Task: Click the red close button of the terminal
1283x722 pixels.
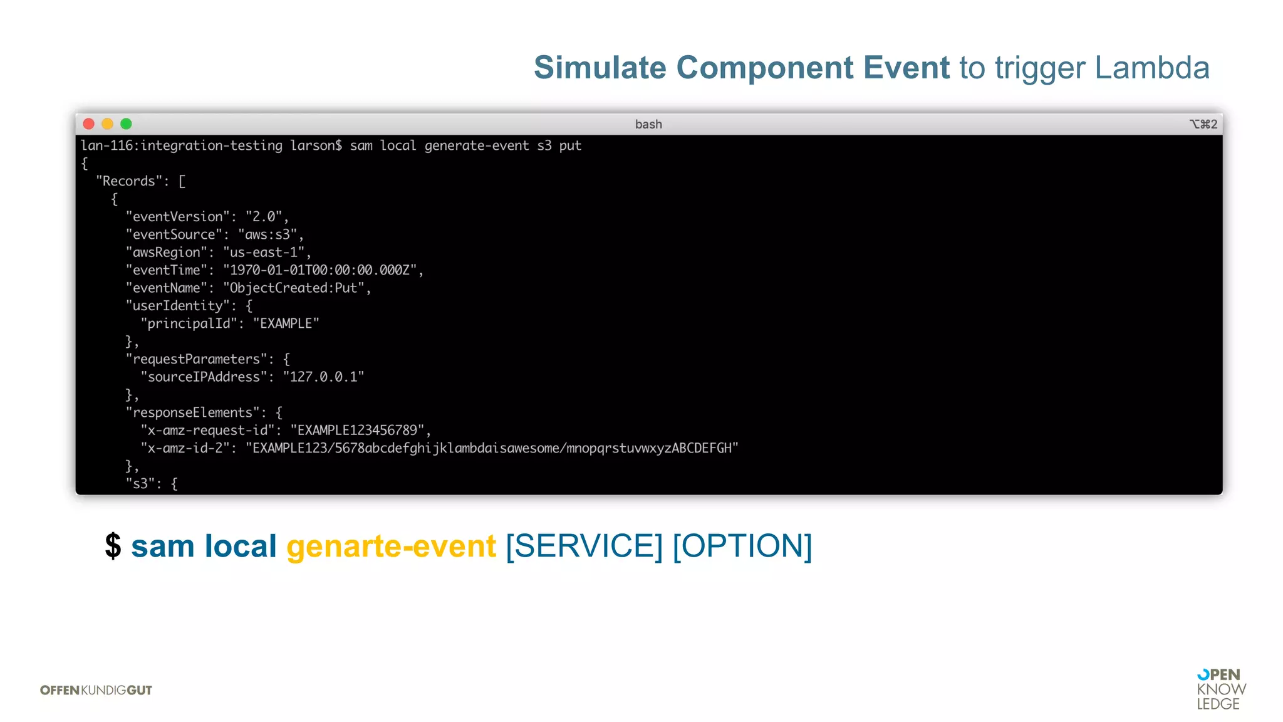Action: click(x=89, y=124)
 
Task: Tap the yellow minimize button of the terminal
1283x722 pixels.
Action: click(x=108, y=124)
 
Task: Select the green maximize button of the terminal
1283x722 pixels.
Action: click(x=126, y=124)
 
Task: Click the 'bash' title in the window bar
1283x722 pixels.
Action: click(x=648, y=124)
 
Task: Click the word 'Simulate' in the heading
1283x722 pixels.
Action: click(x=600, y=68)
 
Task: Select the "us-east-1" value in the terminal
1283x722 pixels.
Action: click(x=264, y=253)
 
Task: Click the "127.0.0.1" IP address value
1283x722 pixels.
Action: click(x=323, y=377)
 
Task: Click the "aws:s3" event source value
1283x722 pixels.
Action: click(x=268, y=234)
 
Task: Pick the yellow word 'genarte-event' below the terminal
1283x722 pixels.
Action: click(x=391, y=546)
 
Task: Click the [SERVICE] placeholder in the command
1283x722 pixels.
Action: click(x=584, y=546)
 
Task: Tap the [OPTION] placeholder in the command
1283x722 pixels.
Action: click(x=742, y=546)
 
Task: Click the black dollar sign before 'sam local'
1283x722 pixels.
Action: click(x=113, y=546)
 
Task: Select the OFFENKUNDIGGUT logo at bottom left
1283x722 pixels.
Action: click(x=96, y=690)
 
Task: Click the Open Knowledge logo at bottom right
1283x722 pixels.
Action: click(x=1220, y=689)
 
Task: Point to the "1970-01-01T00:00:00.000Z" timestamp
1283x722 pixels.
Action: click(x=319, y=270)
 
